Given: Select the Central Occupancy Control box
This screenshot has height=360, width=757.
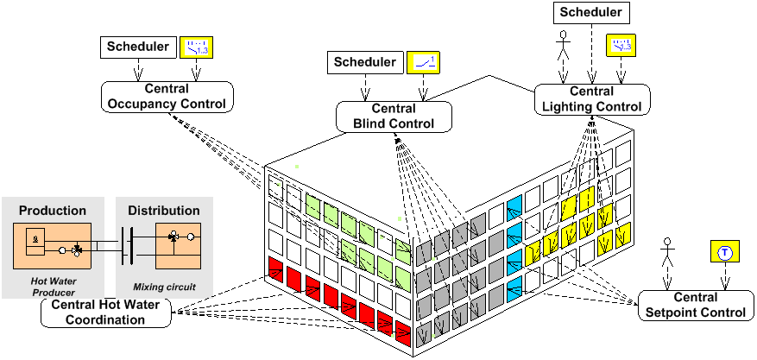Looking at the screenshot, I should [167, 97].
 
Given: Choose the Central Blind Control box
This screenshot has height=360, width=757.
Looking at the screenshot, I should [394, 117].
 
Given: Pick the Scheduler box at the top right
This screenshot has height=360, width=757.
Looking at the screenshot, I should [591, 12].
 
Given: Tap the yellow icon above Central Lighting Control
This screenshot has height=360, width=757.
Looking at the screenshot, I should [620, 45].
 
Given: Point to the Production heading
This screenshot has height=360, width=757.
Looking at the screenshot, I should [53, 211].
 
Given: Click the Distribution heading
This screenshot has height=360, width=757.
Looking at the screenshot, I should [164, 211].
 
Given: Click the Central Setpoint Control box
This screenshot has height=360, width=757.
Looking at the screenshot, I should [696, 306].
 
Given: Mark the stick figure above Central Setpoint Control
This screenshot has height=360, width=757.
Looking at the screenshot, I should [666, 256].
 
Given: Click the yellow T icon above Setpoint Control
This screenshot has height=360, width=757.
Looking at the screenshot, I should [724, 252].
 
